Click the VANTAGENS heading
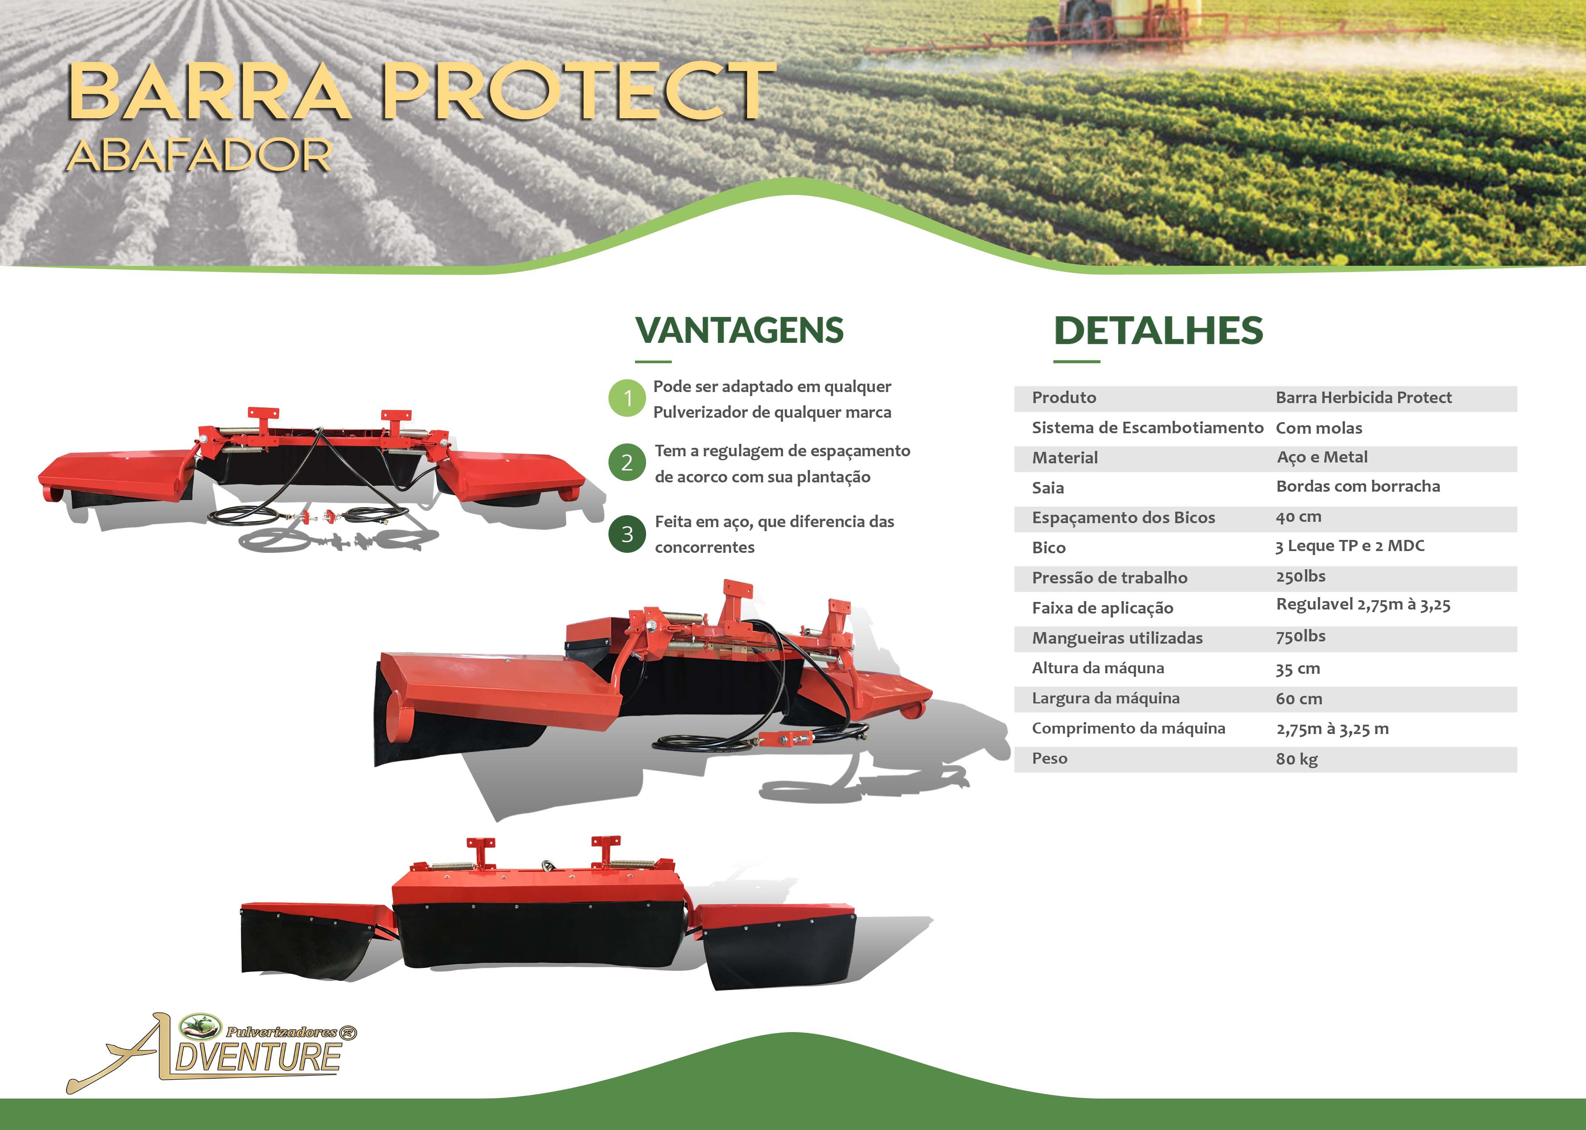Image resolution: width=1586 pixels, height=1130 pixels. pos(739,330)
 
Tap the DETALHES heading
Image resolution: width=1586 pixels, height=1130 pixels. pos(1158,330)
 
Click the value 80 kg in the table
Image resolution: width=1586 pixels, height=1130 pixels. pos(1297,759)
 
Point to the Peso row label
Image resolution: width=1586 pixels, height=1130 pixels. pos(1049,758)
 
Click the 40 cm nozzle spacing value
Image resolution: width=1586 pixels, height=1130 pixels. pos(1298,517)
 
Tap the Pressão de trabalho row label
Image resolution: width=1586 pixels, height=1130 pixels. pos(1109,578)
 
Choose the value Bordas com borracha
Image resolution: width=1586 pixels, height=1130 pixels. pos(1358,486)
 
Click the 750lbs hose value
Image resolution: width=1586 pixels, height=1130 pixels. pos(1301,636)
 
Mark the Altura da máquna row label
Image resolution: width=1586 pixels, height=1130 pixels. pos(1098,668)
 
